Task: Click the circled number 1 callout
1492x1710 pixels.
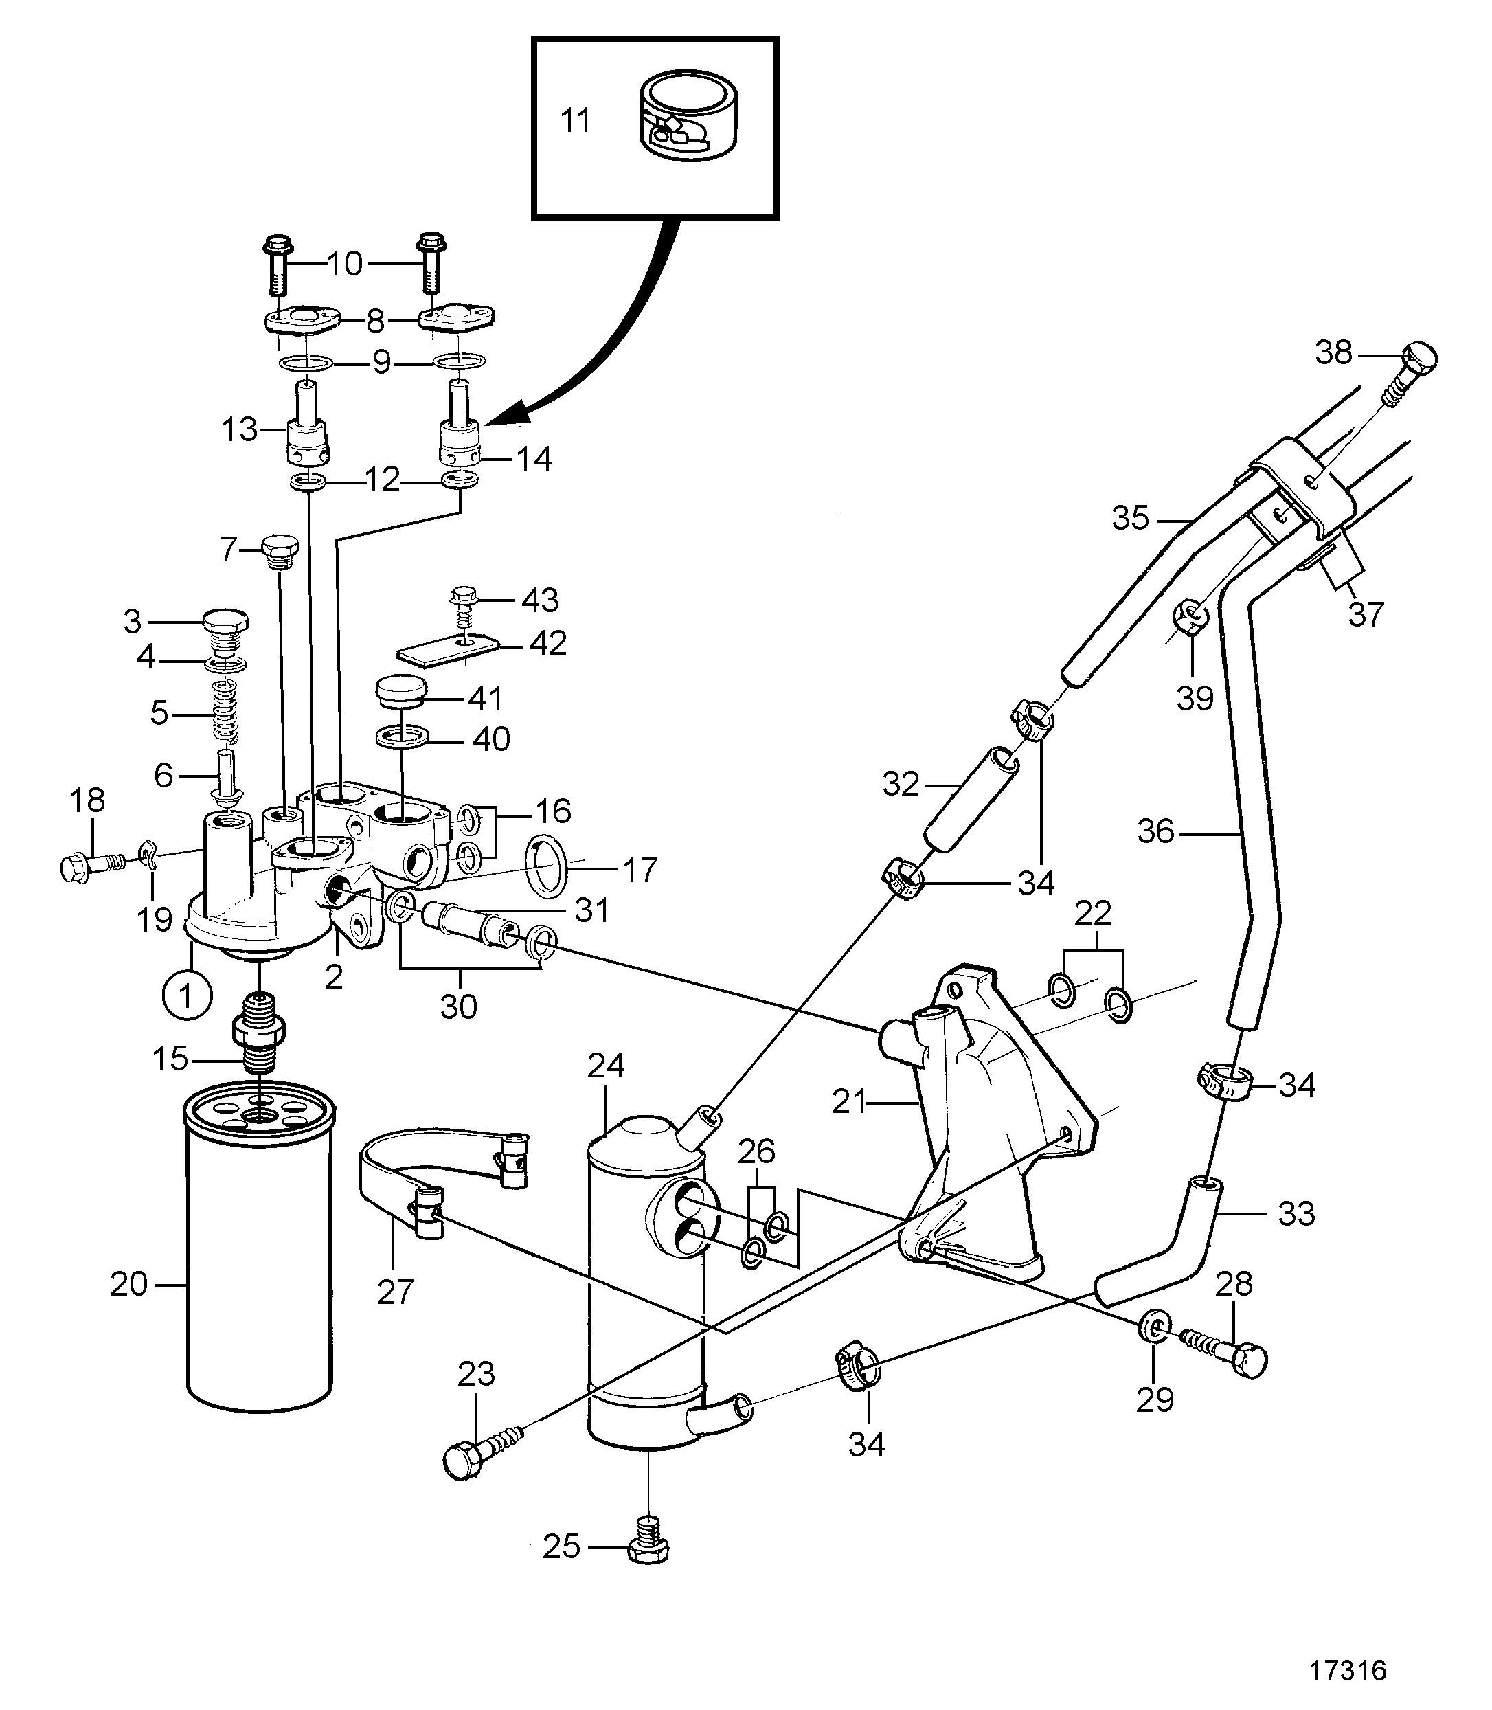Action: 187,995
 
